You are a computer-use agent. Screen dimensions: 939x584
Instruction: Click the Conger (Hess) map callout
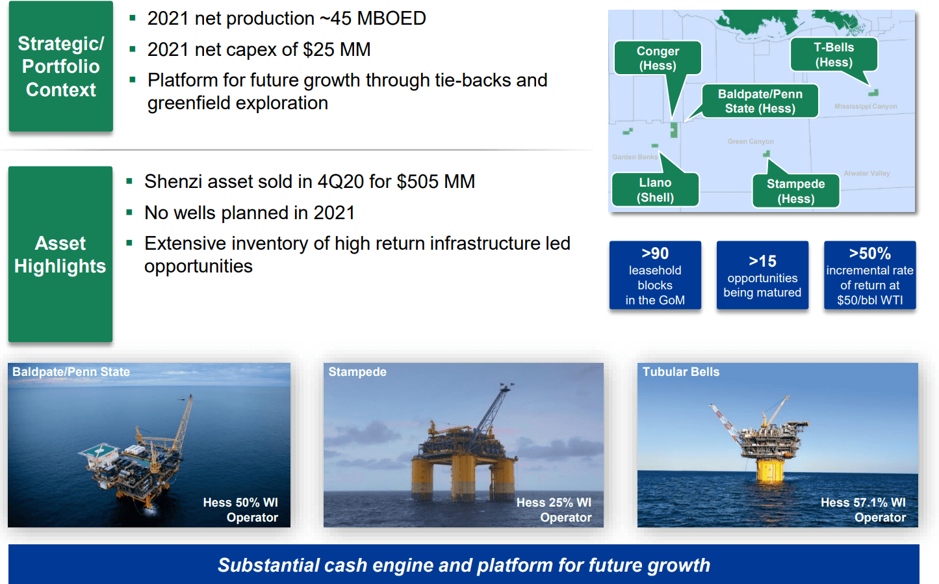click(x=658, y=58)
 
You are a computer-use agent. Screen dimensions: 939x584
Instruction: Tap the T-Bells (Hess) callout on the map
click(x=834, y=55)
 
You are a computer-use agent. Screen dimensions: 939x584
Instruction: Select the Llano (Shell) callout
click(x=655, y=190)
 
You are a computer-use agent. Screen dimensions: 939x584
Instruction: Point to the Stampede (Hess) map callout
click(x=795, y=191)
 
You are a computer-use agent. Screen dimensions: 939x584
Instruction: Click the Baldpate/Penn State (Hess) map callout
click(x=760, y=101)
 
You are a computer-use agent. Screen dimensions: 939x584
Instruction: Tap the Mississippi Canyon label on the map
click(x=866, y=107)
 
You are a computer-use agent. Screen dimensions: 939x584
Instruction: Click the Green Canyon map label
click(x=751, y=141)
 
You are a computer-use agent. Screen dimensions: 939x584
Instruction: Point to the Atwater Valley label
click(x=866, y=173)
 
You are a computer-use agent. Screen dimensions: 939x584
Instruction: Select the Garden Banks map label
click(x=635, y=157)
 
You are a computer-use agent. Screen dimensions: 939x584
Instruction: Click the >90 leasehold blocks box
click(x=655, y=275)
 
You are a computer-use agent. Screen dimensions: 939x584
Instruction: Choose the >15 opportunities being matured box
click(x=762, y=275)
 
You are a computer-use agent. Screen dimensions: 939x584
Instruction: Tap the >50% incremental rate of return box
click(x=870, y=275)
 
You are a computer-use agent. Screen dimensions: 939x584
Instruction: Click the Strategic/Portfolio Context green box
click(x=61, y=66)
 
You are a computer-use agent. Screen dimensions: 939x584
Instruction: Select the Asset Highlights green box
click(x=60, y=254)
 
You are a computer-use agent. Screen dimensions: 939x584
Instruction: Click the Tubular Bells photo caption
click(x=681, y=372)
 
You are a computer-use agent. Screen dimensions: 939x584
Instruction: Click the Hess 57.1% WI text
click(x=863, y=502)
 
